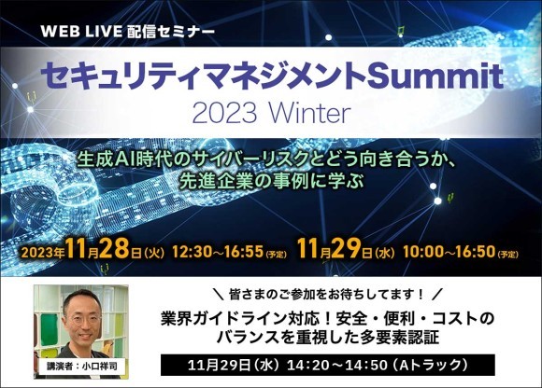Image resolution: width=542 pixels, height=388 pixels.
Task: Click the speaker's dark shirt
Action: point(81,347)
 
